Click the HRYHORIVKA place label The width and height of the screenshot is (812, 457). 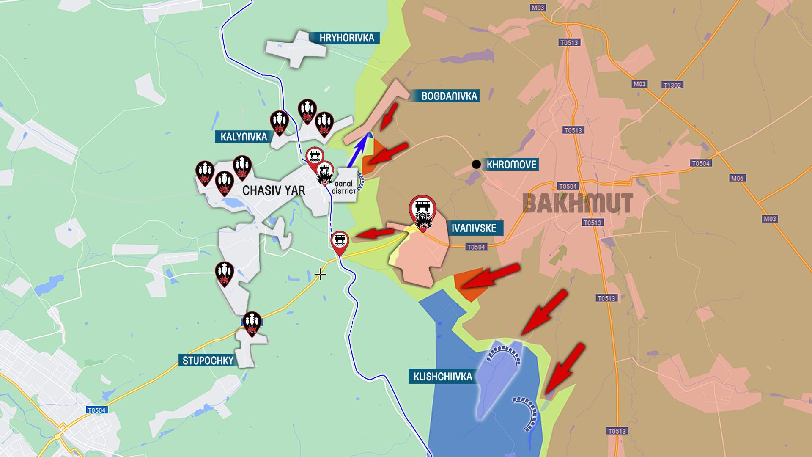pyautogui.click(x=346, y=38)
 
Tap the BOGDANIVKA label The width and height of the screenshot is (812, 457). pyautogui.click(x=449, y=96)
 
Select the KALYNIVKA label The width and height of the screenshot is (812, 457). pyautogui.click(x=244, y=137)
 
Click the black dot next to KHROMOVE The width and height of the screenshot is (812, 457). pyautogui.click(x=476, y=164)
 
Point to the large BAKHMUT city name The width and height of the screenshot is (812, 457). pyautogui.click(x=578, y=204)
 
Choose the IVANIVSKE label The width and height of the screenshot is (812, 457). pyautogui.click(x=474, y=228)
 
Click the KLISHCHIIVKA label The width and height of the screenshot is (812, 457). pyautogui.click(x=442, y=377)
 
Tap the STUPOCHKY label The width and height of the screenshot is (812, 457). pyautogui.click(x=208, y=361)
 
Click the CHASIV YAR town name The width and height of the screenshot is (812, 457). pyautogui.click(x=274, y=191)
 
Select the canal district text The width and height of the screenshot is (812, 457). pyautogui.click(x=343, y=187)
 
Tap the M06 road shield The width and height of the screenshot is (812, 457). pyautogui.click(x=737, y=178)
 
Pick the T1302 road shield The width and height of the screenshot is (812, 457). pyautogui.click(x=672, y=85)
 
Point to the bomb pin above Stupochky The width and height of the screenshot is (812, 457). pyautogui.click(x=252, y=323)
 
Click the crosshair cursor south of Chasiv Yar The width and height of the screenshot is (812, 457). pyautogui.click(x=320, y=275)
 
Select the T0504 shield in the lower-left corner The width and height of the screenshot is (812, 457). pyautogui.click(x=96, y=410)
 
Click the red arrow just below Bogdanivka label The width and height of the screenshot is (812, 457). pyautogui.click(x=388, y=116)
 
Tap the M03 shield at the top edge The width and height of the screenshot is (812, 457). pyautogui.click(x=538, y=8)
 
